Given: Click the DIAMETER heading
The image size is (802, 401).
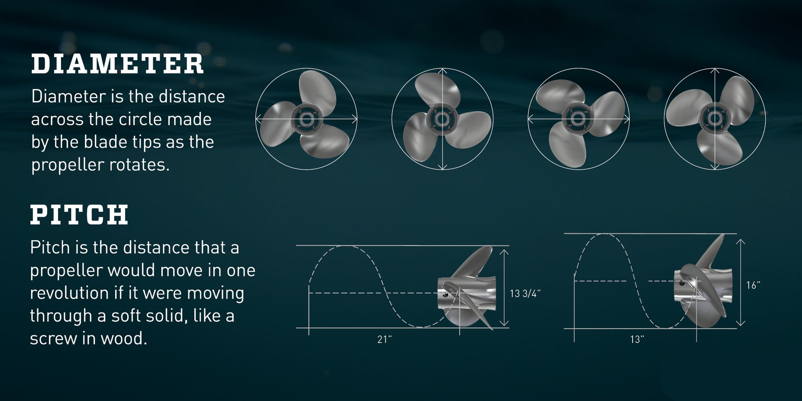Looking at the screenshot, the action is point(117,64).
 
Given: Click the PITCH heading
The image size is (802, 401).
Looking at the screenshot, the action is point(79,215).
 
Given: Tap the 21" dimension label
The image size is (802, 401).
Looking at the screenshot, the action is point(384,339).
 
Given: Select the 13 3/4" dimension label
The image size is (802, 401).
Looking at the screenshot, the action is point(525,293).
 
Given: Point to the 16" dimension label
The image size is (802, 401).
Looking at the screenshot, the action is point(753,285).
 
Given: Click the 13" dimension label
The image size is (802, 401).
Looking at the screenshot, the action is point(637,339).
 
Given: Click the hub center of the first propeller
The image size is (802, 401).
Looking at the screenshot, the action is point(306,119).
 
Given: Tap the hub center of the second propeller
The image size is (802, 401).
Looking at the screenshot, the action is point(442,119).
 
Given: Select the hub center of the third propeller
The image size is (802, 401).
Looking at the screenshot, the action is point(577,119).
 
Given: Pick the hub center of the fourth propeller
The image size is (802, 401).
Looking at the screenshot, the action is point(715,119).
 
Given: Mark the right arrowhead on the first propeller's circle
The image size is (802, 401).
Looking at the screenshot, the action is point(355,119).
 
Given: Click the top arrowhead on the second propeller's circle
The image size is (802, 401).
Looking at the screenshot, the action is point(443,71).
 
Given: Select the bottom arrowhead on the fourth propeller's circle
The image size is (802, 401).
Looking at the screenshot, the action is point(715,167).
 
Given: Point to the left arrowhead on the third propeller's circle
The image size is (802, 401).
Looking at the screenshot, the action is point(531,119).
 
